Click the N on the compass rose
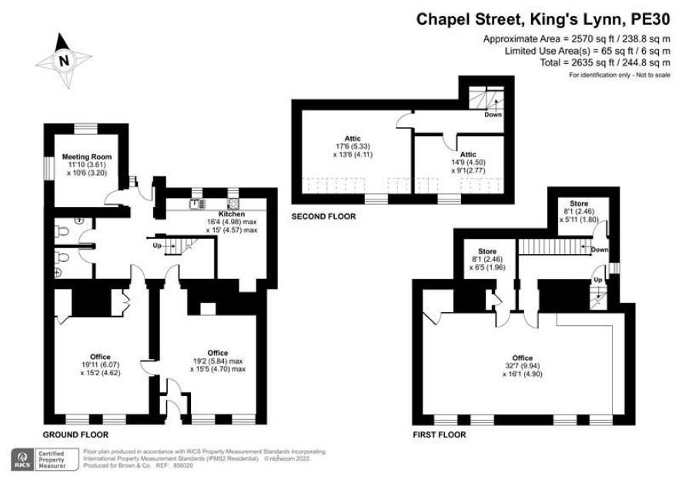[x=64, y=60]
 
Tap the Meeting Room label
[x=86, y=156]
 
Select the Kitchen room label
[x=232, y=214]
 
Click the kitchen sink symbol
[x=198, y=203]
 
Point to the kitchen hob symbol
[x=232, y=203]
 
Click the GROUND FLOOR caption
[x=75, y=434]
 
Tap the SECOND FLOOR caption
[x=323, y=216]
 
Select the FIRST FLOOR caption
[x=440, y=434]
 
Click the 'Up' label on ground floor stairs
[x=157, y=246]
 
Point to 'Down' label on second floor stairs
[x=493, y=115]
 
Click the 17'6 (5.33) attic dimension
[x=353, y=146]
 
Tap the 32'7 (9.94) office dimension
[x=523, y=366]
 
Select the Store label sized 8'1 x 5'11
[x=579, y=203]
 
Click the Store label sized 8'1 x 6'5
[x=487, y=251]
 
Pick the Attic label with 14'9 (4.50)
[x=468, y=155]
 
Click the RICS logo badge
[x=22, y=459]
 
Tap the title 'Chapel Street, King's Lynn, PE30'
[x=543, y=19]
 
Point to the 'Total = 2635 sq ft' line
[x=605, y=62]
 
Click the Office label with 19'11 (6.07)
[x=100, y=357]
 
